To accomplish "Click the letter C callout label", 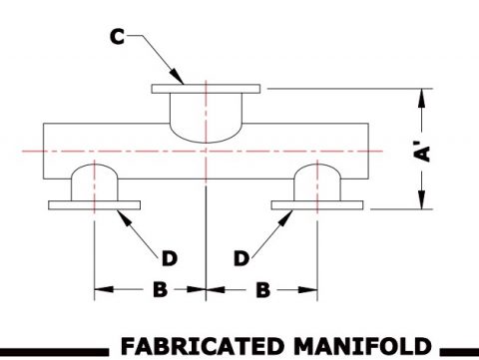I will click(x=118, y=38).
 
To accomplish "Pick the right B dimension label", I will click(x=261, y=290).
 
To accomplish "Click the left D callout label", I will click(x=169, y=258).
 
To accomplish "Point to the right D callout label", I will click(x=240, y=258).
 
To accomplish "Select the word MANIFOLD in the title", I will click(x=352, y=346).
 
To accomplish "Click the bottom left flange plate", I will click(x=95, y=205).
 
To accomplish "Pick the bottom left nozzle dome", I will click(x=95, y=180).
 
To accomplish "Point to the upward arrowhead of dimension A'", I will click(x=423, y=96).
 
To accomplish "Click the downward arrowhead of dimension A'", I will click(x=423, y=202).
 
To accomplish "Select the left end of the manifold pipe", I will click(x=46, y=149).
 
